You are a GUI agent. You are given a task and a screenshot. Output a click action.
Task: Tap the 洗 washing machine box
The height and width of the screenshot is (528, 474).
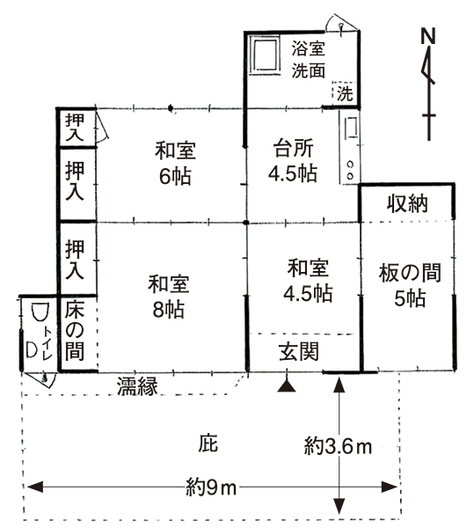pos(344,92)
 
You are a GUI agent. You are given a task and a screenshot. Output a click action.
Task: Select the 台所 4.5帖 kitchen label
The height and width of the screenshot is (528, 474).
pos(294,160)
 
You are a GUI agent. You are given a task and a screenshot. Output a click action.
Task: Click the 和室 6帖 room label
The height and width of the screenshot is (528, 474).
pos(175,164)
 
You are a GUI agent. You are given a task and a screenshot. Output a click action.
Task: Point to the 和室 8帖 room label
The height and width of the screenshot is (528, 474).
pos(169,297)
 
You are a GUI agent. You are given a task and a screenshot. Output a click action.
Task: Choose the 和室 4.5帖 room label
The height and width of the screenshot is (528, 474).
pos(308,281)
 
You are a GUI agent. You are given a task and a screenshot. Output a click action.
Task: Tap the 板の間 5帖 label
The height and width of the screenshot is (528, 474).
pos(410,285)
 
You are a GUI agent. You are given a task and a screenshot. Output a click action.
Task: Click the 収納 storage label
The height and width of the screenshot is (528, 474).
pos(407,204)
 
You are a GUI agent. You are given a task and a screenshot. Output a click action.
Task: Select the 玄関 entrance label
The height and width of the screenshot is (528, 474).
pos(299,352)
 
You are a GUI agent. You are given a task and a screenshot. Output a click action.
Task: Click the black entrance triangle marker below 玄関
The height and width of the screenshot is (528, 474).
pos(287,386)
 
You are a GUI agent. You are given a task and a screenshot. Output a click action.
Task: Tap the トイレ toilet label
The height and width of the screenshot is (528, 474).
pos(47,342)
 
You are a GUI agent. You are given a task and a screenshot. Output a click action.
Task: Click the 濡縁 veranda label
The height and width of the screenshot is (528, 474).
pos(137,386)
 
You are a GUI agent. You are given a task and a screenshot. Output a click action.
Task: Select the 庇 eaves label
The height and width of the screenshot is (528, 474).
pos(208,444)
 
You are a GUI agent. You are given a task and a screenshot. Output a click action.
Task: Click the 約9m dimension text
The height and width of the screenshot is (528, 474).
pos(211,488)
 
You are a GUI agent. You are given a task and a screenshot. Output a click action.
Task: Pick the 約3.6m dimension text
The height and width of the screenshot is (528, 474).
pos(338,447)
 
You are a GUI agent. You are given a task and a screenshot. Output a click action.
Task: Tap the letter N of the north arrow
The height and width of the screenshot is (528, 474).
pos(428,36)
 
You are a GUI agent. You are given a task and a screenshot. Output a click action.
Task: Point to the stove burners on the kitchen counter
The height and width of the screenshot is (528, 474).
pos(351,171)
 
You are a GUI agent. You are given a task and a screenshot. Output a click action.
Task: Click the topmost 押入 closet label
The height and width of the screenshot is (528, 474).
pos(75,128)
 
